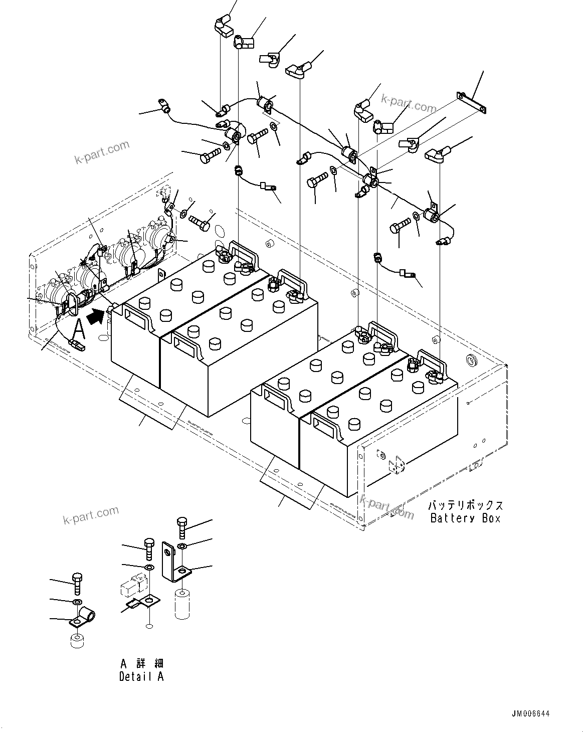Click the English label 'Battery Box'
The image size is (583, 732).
pos(465,518)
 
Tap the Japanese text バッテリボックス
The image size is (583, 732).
pos(465,505)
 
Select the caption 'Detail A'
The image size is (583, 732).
pos(141,676)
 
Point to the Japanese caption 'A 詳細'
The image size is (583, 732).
pos(141,663)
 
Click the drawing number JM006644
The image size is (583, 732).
pos(531,713)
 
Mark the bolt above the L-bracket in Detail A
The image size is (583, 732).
pos(182,528)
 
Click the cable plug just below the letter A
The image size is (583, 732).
pos(77,344)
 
